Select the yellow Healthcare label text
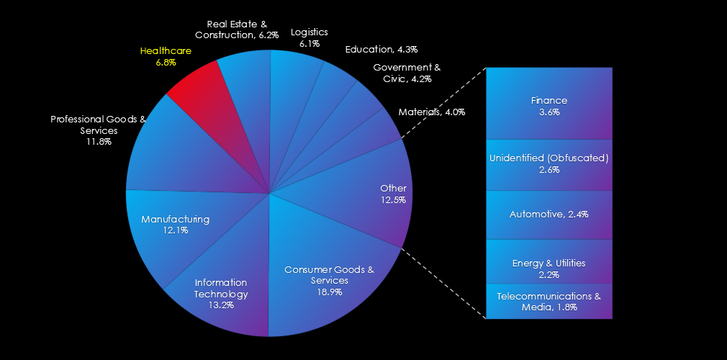(x=166, y=51)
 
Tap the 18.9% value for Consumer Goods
(x=329, y=292)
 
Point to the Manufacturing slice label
(x=175, y=219)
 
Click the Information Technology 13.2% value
(x=221, y=305)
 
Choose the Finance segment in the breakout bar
(x=549, y=103)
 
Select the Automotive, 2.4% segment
(x=549, y=215)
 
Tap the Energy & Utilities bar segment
(x=549, y=261)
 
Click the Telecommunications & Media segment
(x=549, y=301)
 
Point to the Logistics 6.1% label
(x=310, y=37)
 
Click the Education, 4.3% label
(x=381, y=49)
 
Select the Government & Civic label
(x=407, y=73)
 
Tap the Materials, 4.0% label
(x=432, y=112)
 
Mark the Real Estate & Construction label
(x=237, y=30)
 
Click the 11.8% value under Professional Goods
(x=99, y=142)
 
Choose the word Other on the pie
(x=393, y=189)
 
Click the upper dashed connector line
(x=443, y=103)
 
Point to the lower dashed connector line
(x=443, y=283)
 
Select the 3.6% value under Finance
(x=549, y=112)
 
